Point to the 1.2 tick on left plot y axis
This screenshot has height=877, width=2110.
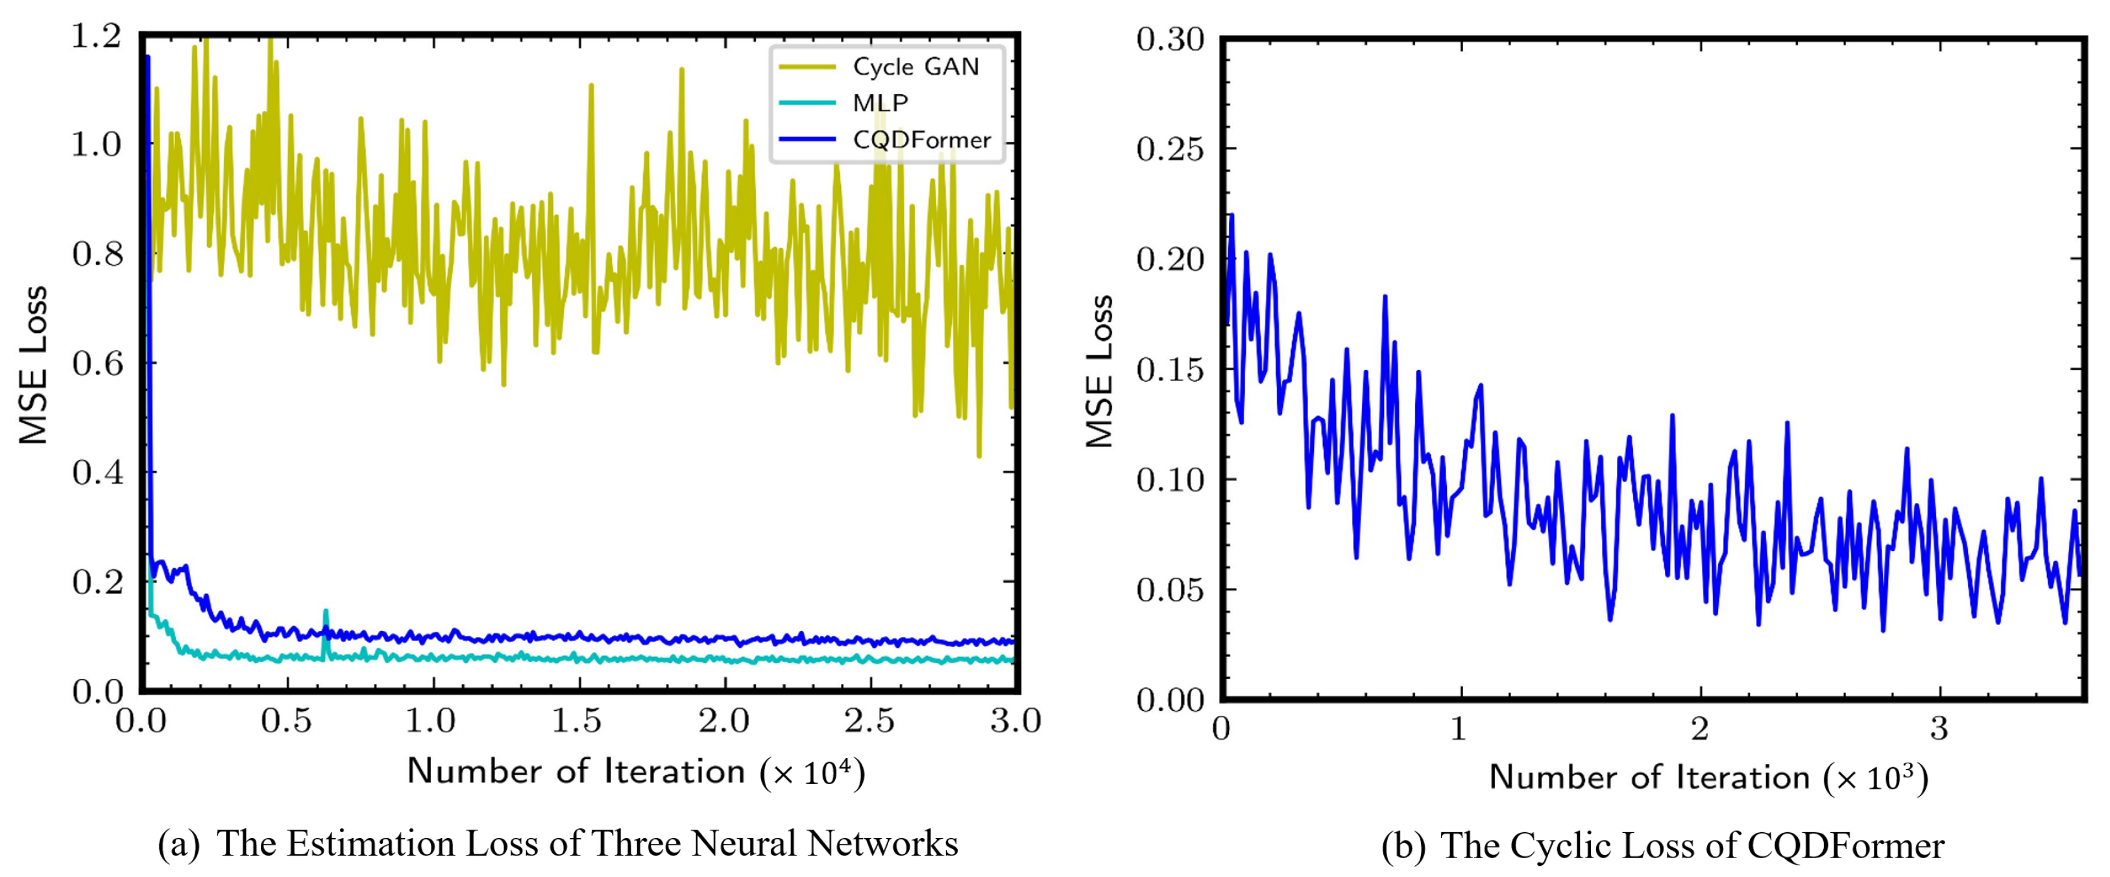96,37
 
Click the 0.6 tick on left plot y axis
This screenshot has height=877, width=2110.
96,363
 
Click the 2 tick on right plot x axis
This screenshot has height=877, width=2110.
1701,728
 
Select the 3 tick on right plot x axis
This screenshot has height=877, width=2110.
1939,728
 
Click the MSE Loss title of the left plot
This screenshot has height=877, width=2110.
32,365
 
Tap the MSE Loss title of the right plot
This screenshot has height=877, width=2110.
1099,371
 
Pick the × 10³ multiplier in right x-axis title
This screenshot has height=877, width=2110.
1876,778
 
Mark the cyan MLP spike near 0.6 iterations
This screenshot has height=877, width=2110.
325,613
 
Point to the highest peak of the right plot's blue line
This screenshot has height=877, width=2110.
1231,216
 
